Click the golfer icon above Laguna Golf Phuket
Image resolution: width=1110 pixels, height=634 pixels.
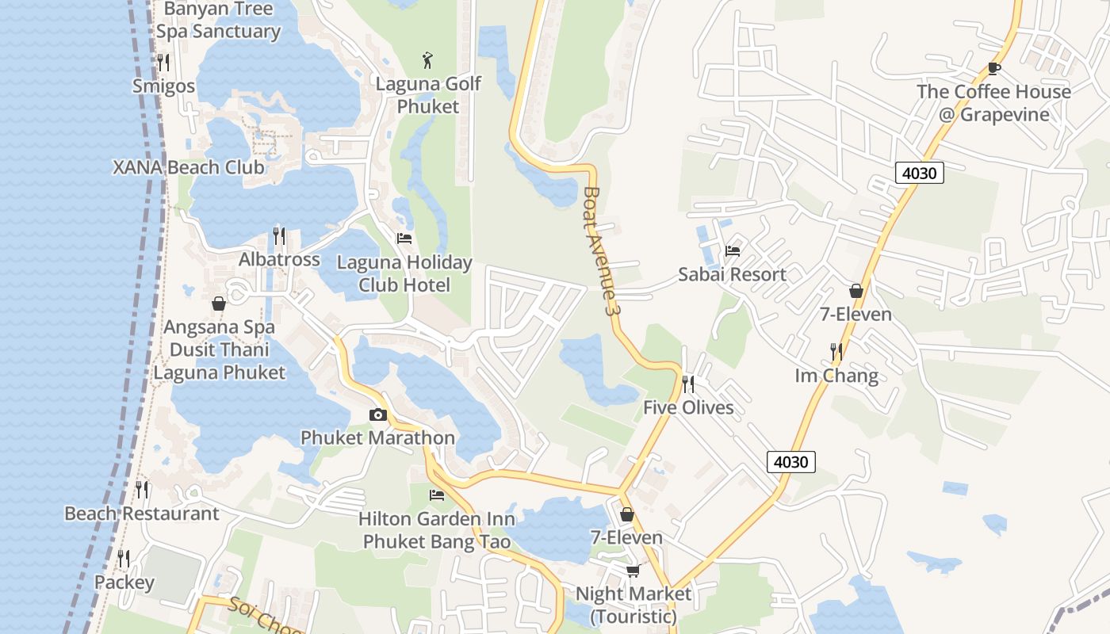[x=428, y=59]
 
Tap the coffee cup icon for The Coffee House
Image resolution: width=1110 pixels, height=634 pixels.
[x=994, y=69]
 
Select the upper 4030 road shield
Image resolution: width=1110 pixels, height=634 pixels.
[x=920, y=172]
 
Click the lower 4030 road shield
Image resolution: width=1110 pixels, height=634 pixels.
[x=791, y=461]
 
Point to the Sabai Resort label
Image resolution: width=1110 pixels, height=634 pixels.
[x=732, y=274]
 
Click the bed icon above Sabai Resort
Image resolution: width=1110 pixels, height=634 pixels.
[x=733, y=251]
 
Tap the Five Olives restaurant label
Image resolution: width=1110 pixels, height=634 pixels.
[x=688, y=407]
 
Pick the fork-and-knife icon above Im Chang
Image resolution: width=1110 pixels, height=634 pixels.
[x=836, y=351]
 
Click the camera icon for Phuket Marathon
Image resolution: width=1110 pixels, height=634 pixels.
[x=378, y=414]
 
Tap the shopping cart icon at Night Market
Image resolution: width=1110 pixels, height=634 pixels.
[x=633, y=571]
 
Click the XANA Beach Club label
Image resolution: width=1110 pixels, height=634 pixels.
[x=189, y=167]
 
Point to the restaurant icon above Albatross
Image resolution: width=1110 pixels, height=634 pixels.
[x=279, y=236]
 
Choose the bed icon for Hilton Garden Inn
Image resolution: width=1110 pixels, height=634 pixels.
[x=437, y=495]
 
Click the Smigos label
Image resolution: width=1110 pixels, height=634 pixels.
[x=164, y=86]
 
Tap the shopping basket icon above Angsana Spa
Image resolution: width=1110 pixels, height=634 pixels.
[x=219, y=304]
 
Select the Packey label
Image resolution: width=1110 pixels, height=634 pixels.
[x=124, y=582]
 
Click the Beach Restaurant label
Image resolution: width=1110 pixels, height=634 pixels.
[x=142, y=514]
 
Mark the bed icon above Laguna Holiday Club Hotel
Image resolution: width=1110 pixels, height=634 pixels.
[x=404, y=239]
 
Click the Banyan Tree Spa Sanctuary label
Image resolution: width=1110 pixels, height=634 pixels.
[x=218, y=21]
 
